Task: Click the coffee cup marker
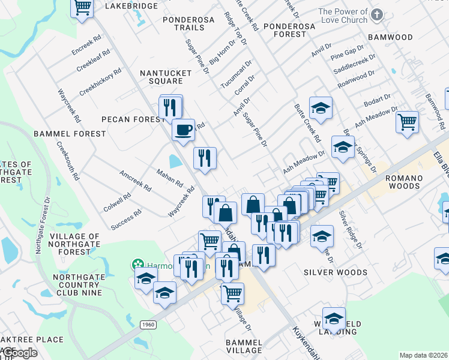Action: (184, 129)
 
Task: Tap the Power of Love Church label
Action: (343, 16)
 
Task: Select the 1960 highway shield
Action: (148, 324)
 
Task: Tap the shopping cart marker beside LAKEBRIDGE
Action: (82, 8)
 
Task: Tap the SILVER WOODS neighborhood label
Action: (335, 272)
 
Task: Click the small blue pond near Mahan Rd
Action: (175, 161)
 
